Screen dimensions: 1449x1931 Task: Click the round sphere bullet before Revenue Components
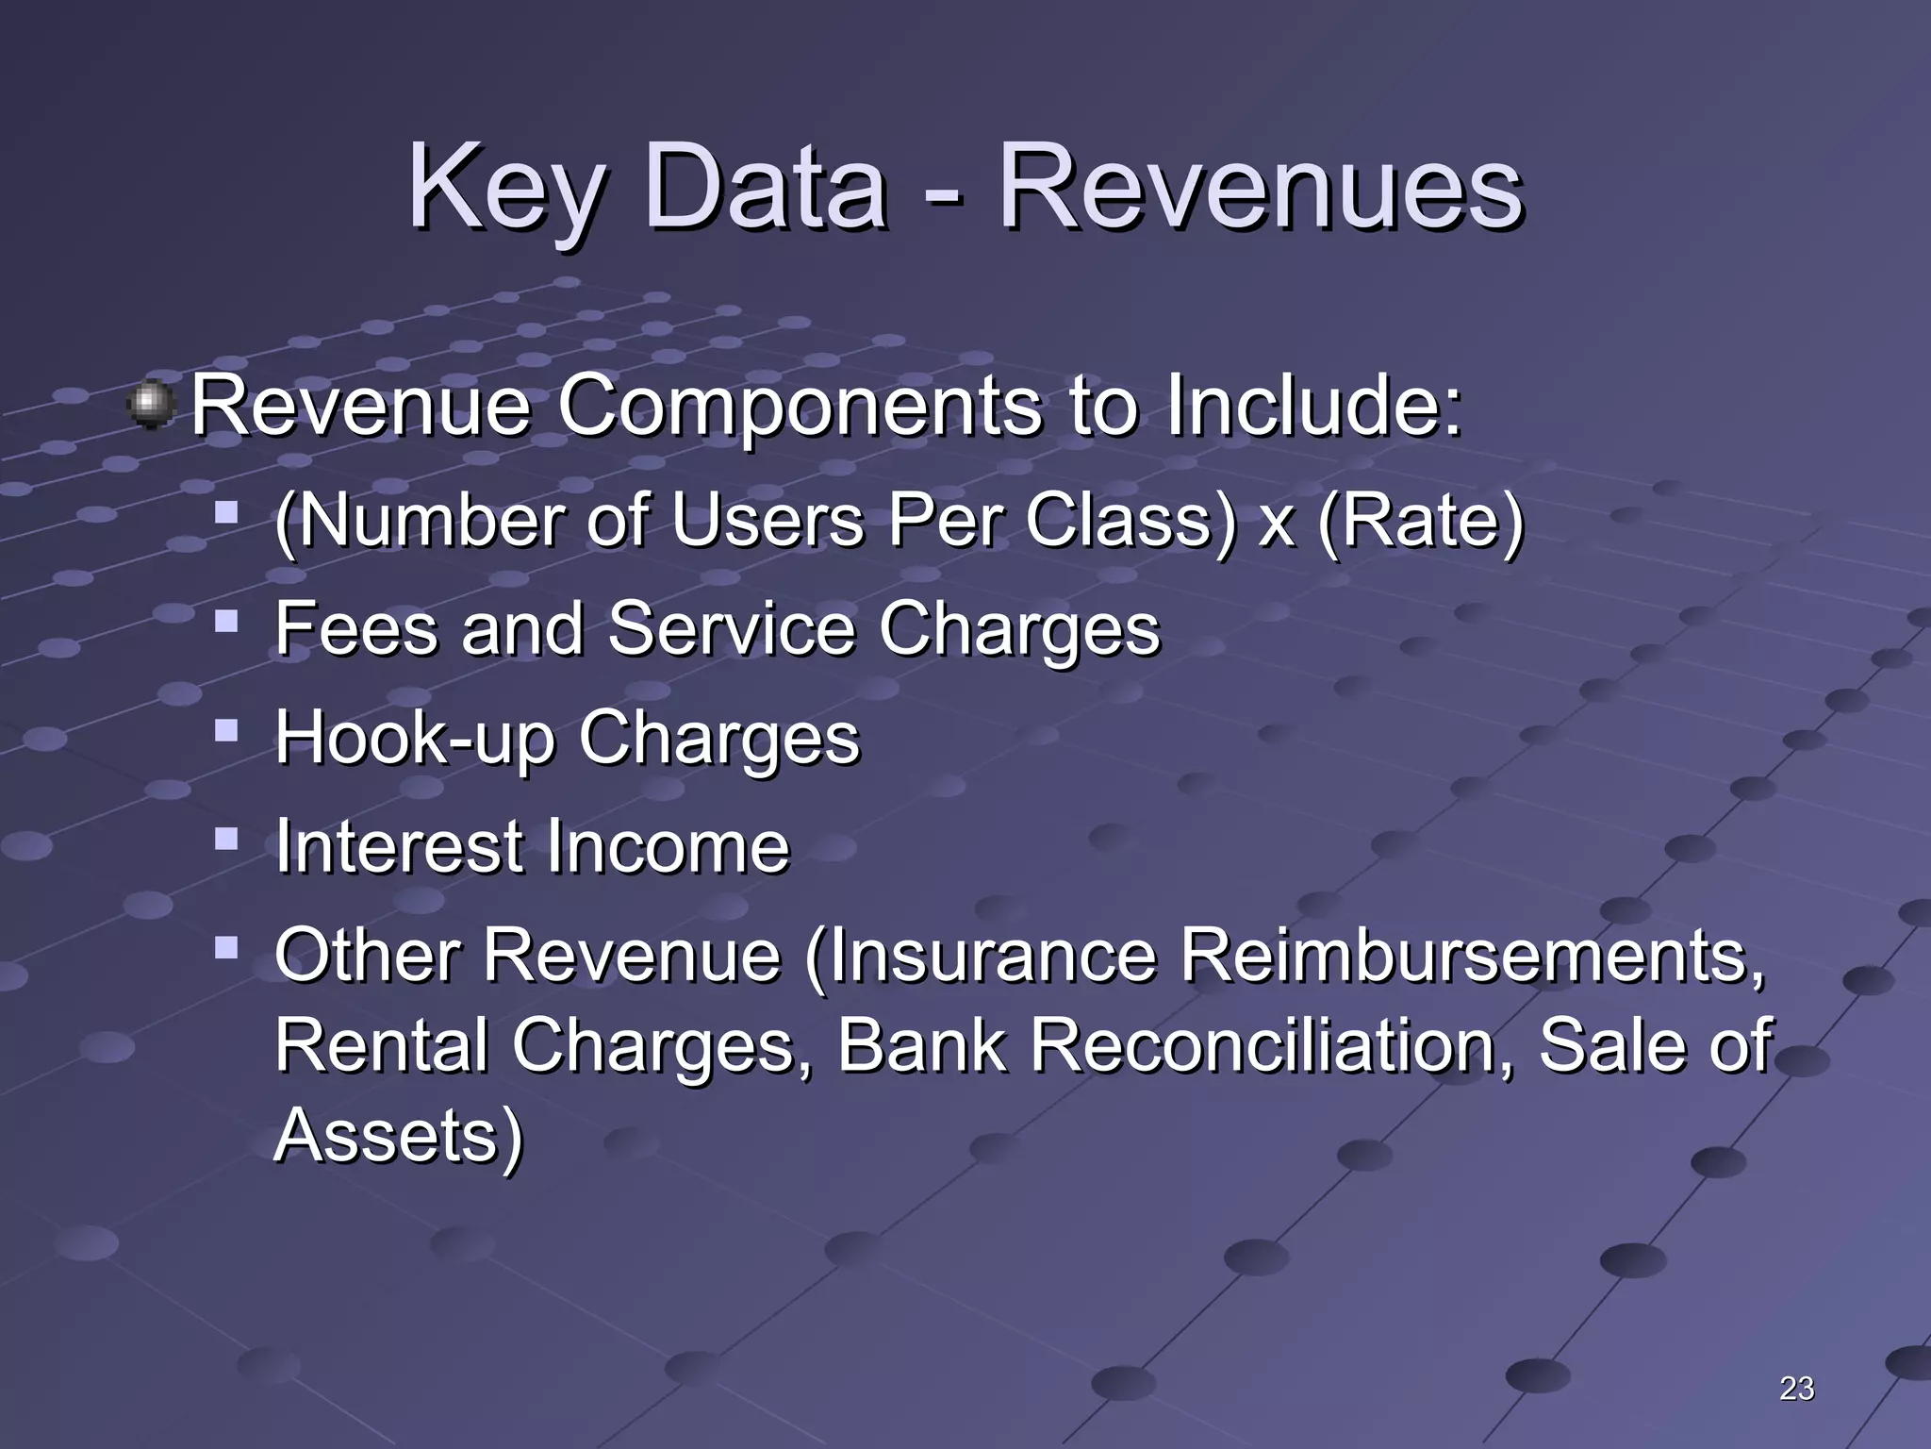tap(151, 406)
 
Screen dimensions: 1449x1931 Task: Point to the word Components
tap(800, 406)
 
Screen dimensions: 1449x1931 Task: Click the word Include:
tap(1312, 406)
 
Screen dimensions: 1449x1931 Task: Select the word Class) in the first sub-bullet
tap(1131, 521)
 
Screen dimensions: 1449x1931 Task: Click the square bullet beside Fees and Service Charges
tap(226, 621)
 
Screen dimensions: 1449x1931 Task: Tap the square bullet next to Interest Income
tap(226, 838)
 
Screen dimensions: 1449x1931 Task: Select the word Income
tap(668, 846)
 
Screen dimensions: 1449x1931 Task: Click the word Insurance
tap(981, 956)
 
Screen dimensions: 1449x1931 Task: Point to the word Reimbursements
tap(1471, 956)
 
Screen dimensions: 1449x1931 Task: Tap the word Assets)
tap(398, 1135)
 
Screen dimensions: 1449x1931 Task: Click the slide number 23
tap(1796, 1388)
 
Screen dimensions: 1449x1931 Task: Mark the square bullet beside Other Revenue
tap(226, 946)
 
